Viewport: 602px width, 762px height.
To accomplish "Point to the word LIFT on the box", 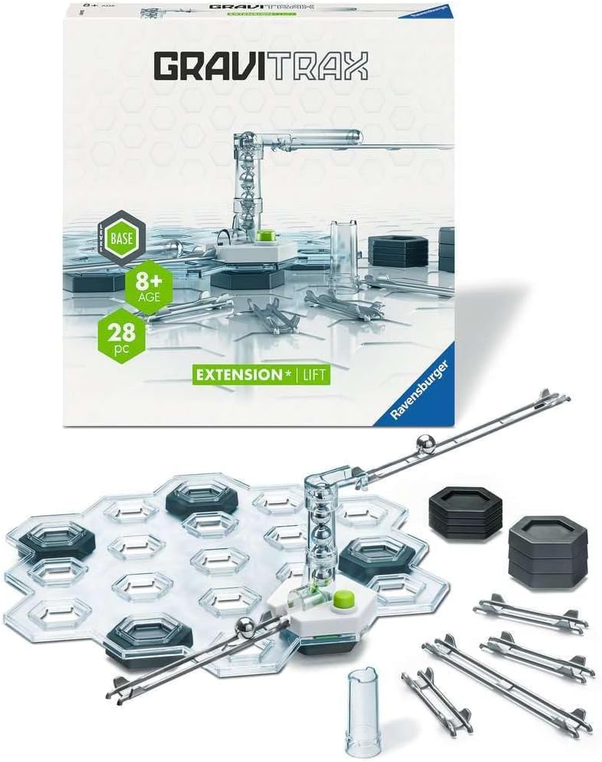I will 314,375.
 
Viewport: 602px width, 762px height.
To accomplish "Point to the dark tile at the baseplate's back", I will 202,499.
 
